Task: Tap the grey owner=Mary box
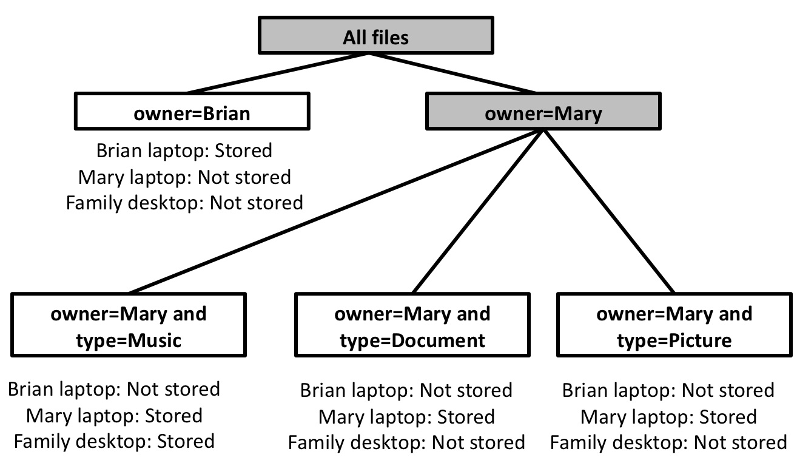coord(543,113)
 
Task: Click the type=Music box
coord(128,326)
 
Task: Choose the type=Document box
coord(412,326)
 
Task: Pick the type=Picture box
coord(674,326)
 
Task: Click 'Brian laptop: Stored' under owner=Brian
coord(184,151)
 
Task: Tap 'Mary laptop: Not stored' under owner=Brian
coord(184,177)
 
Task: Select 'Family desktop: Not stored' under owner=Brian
coord(184,202)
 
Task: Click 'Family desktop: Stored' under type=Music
coord(114,441)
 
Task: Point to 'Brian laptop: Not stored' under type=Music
coord(114,388)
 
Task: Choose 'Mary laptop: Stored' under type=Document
coord(406,417)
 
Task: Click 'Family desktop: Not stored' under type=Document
coord(406,442)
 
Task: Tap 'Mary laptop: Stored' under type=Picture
coord(668,417)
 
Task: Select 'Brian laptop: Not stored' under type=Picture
coord(668,390)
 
